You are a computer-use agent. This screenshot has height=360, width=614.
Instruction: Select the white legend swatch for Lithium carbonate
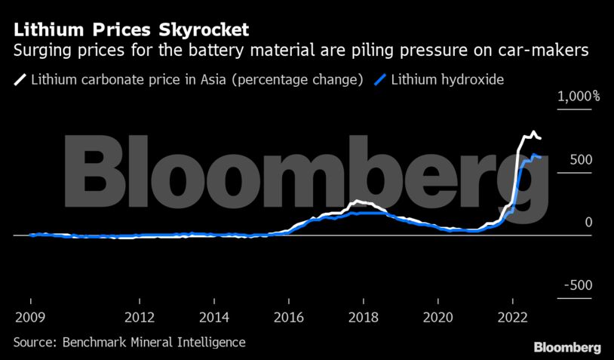coord(19,79)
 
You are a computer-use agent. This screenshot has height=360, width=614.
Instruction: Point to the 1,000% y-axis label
coord(579,97)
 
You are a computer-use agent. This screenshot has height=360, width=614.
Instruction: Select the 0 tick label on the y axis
coord(588,223)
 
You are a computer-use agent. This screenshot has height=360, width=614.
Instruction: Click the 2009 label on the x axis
coord(29,316)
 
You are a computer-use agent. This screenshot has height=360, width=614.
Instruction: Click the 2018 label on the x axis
coord(364,316)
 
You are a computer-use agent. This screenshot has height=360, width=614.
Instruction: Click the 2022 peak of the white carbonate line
coord(533,133)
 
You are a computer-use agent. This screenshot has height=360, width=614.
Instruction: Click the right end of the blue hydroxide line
coord(540,157)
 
